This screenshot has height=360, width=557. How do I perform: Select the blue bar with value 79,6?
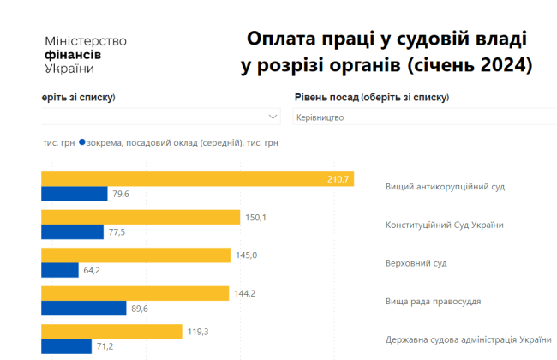tap(74, 194)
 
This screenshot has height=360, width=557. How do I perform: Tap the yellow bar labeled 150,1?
tap(141, 217)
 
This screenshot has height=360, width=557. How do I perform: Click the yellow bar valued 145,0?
tap(136, 255)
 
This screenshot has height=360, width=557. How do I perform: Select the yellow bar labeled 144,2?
tap(135, 293)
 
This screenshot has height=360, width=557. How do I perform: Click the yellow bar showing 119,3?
tap(111, 331)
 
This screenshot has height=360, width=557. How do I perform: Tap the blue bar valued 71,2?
tap(67, 346)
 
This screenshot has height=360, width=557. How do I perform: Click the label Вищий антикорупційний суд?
tap(444, 186)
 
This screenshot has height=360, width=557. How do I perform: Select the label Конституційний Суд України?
tap(444, 225)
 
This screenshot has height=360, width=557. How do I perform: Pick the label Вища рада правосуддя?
tap(433, 301)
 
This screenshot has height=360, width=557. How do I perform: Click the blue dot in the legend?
tap(81, 143)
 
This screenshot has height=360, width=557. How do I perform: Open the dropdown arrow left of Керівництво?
tap(273, 117)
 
